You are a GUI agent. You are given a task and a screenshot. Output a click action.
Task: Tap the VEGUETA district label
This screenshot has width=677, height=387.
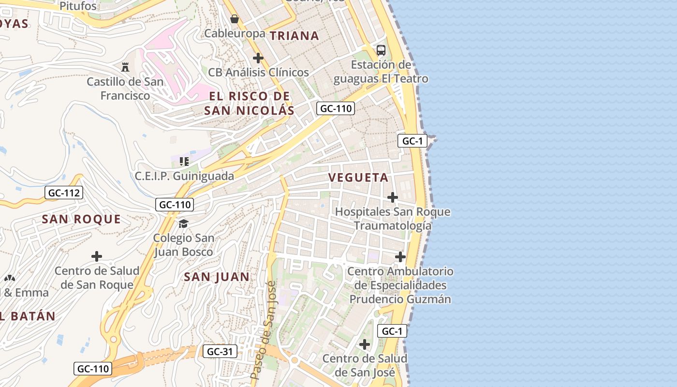coord(358,178)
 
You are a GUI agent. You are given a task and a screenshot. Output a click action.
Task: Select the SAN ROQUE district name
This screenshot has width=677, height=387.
coord(81,219)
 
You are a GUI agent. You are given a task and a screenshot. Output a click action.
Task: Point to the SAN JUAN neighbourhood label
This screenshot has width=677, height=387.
coord(217,277)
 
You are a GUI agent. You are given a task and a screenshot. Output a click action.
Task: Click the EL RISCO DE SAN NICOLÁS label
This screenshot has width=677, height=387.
coord(249,103)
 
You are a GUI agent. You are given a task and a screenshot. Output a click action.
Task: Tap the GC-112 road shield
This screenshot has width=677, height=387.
coord(64,193)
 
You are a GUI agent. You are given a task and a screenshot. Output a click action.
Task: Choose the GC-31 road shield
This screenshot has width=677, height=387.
coord(220,352)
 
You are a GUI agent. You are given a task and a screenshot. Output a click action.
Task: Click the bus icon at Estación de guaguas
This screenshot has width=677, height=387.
coord(381,50)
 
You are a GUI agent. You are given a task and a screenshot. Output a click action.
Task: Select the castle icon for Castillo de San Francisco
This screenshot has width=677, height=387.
coord(125,67)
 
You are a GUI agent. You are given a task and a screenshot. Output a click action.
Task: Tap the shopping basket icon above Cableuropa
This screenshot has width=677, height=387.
coord(235,19)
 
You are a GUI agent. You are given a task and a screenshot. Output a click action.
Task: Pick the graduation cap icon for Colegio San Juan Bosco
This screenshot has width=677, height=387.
coord(183,223)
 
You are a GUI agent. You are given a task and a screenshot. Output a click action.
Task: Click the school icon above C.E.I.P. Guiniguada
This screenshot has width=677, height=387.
coord(184,161)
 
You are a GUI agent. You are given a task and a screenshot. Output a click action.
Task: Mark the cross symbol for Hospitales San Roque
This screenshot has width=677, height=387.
coord(393,197)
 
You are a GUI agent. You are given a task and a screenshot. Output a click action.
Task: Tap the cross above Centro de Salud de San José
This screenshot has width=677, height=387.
coord(365,344)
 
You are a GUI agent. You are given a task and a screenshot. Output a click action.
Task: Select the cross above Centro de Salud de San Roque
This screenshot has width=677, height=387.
coord(97,256)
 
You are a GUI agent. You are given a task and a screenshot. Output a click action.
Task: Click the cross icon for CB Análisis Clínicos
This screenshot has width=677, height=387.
coord(258,58)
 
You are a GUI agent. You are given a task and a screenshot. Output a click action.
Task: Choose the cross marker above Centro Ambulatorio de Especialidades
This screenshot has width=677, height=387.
coord(400,257)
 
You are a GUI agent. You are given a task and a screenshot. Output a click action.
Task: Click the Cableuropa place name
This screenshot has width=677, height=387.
coord(235,33)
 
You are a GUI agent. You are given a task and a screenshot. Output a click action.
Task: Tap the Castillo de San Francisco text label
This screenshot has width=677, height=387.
coord(125,89)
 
